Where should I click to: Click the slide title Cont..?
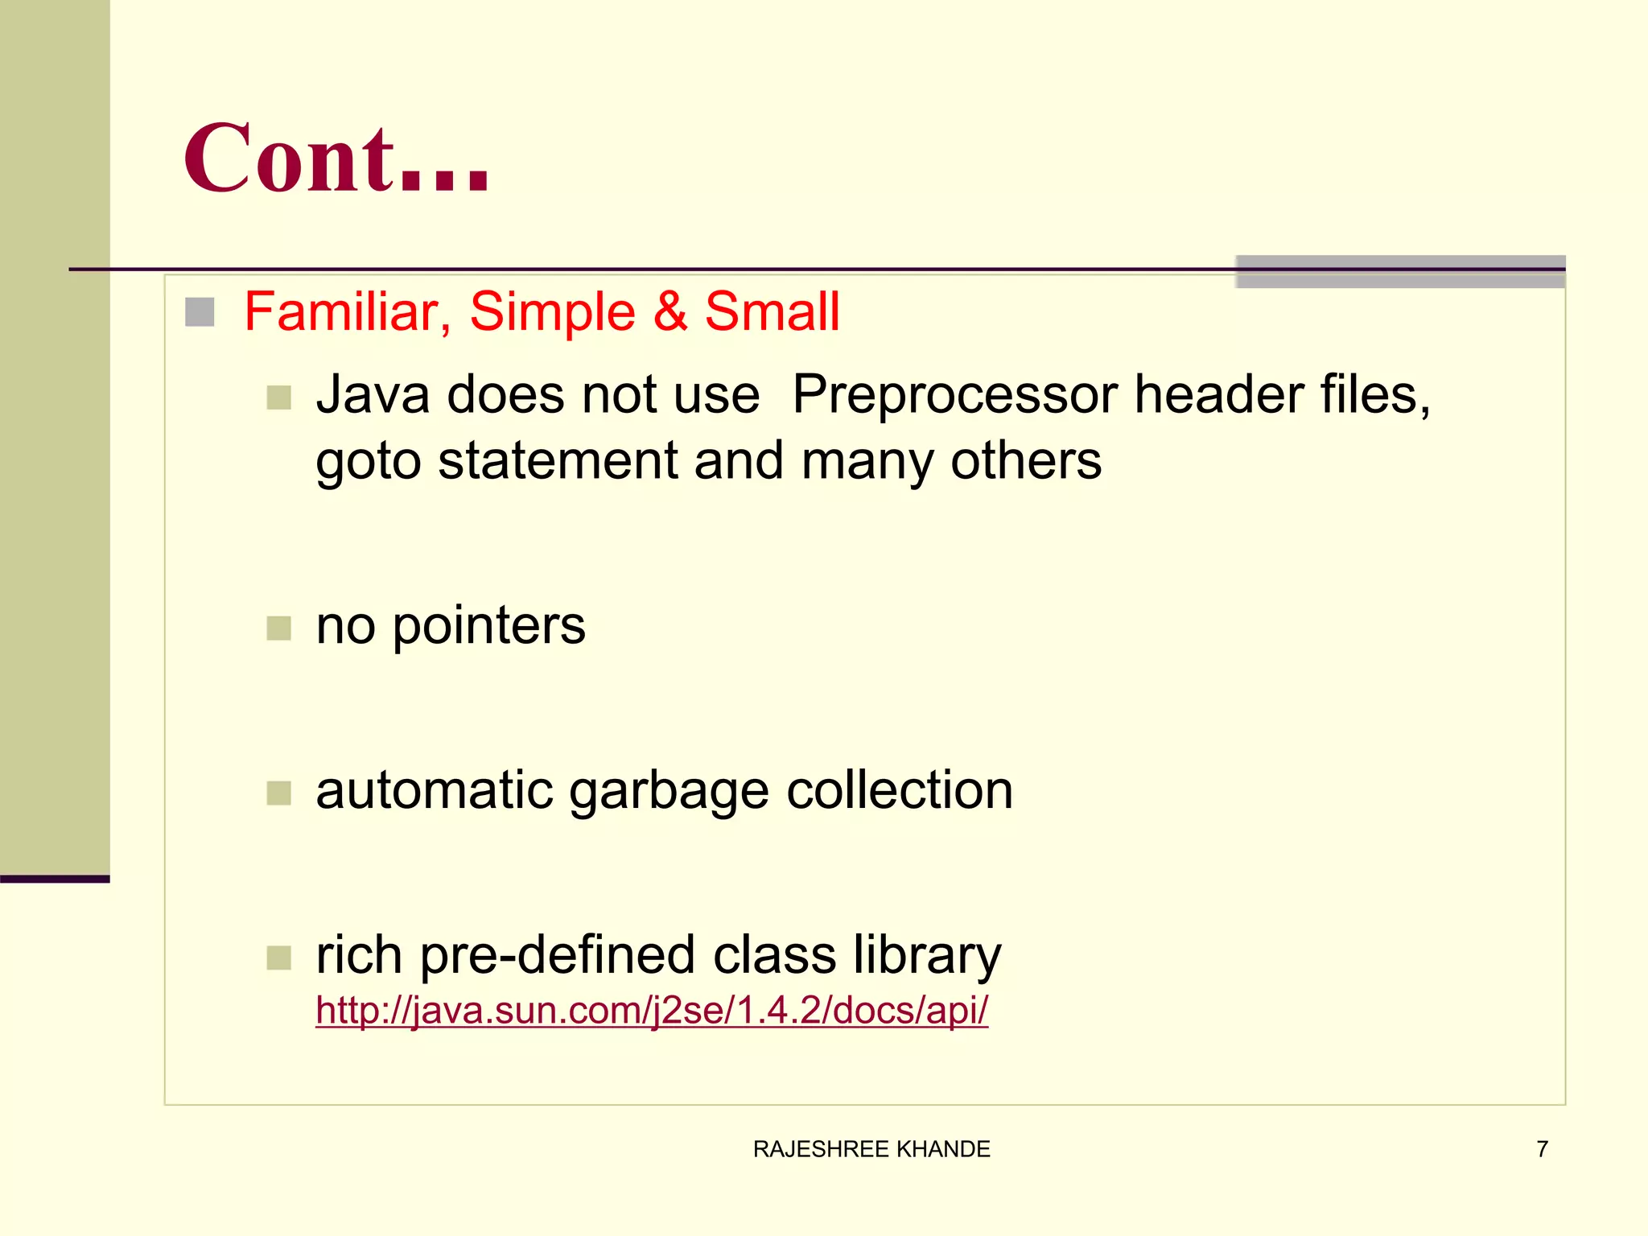336,159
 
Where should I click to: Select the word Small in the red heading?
772,311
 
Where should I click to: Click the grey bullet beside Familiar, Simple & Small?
200,312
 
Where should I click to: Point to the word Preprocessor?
955,395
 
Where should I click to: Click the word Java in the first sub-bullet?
373,395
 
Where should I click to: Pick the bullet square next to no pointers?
278,628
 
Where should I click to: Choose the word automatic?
435,791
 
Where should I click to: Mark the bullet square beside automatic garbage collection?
278,793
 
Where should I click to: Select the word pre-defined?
558,956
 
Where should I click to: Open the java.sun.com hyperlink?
652,1011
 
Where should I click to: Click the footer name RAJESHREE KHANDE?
871,1149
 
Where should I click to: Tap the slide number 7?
1542,1149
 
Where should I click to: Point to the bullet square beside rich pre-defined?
278,958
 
